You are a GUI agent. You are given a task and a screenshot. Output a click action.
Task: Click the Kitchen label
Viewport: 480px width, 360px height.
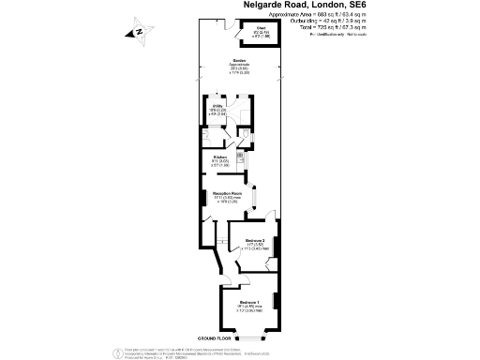pyautogui.click(x=221, y=158)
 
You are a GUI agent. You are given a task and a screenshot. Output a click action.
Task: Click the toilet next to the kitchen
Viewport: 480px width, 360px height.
pyautogui.click(x=205, y=136)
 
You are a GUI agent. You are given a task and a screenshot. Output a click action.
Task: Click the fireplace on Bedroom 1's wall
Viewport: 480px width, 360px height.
pyautogui.click(x=275, y=300)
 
